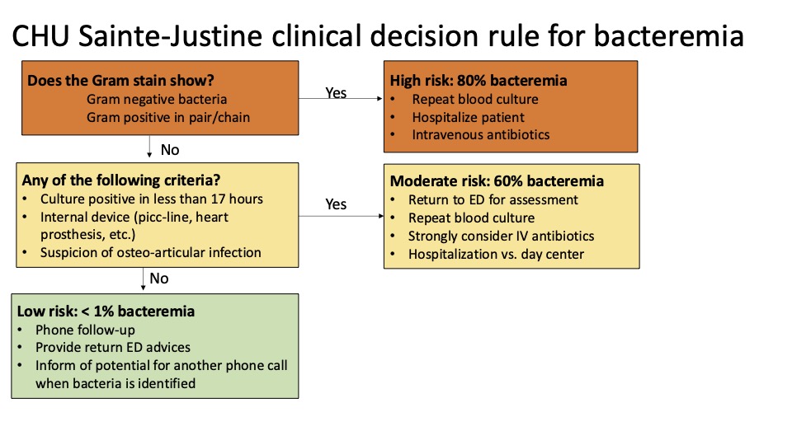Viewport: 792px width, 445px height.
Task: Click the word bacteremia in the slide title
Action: click(x=668, y=35)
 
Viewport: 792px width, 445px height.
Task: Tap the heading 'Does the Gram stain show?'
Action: click(x=120, y=80)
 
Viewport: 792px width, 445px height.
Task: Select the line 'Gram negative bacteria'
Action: click(x=157, y=99)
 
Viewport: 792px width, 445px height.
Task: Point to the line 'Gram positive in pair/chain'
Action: click(x=168, y=118)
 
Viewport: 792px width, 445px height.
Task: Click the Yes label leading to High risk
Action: click(x=336, y=93)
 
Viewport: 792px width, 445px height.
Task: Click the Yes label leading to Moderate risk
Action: click(x=336, y=204)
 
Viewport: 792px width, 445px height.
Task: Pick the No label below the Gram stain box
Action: click(x=170, y=150)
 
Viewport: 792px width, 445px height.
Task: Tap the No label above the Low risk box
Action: click(x=159, y=278)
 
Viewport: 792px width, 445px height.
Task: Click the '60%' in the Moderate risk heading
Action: click(x=509, y=180)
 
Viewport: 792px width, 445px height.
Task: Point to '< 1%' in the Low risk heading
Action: click(x=97, y=311)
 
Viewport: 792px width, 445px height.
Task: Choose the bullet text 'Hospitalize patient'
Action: click(x=469, y=117)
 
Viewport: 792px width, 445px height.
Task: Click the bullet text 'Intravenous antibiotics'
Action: click(x=481, y=134)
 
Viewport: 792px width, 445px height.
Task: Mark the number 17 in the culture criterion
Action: click(x=218, y=199)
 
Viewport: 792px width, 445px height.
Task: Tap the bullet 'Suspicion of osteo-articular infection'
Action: click(x=150, y=252)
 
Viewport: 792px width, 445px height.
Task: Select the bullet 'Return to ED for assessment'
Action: click(x=493, y=199)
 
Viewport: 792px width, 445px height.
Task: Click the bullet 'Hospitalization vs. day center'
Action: click(x=496, y=254)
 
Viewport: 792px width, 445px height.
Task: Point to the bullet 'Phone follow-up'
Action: click(x=85, y=330)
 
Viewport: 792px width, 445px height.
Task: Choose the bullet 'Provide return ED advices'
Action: click(x=113, y=347)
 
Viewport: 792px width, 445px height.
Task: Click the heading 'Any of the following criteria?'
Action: click(x=121, y=180)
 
